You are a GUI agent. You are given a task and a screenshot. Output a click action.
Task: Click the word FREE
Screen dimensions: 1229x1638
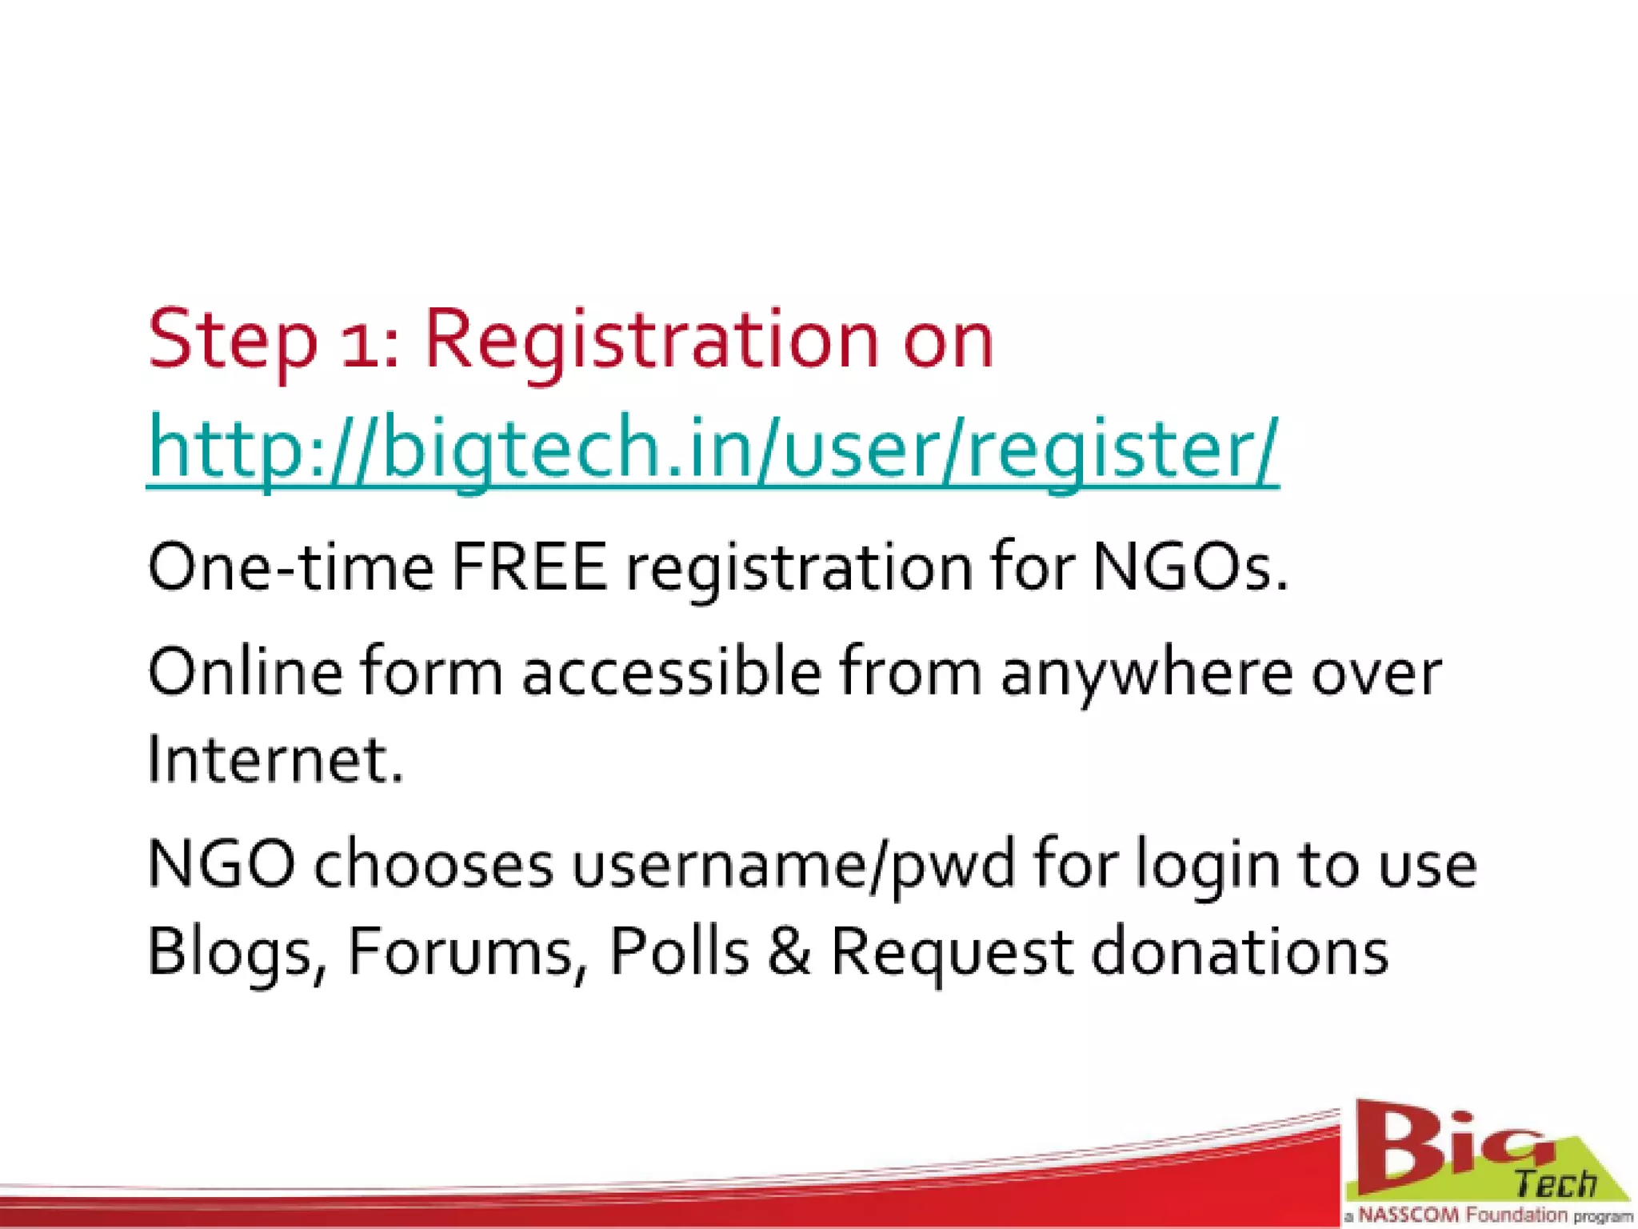click(529, 567)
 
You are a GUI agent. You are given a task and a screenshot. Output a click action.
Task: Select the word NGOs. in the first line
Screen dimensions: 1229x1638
click(1190, 567)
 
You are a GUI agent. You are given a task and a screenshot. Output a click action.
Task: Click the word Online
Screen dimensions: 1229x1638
click(245, 672)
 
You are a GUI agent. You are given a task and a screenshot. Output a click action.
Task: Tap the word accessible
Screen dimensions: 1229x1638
click(671, 672)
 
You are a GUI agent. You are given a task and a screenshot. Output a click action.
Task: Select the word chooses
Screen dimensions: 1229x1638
click(433, 865)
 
